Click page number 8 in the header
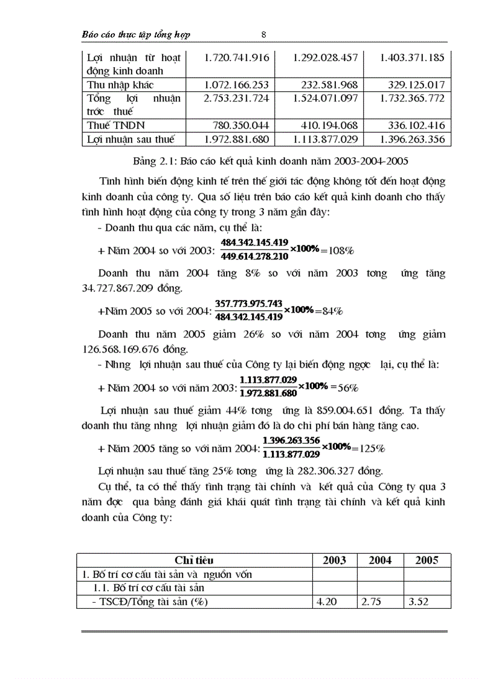[264, 34]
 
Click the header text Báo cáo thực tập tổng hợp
[136, 34]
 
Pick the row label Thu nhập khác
[120, 85]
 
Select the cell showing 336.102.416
[414, 125]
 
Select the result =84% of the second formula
[327, 311]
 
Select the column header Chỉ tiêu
[194, 560]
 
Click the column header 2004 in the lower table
[380, 560]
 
